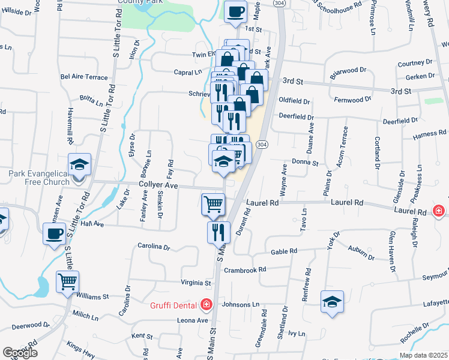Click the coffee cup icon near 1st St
[235, 11]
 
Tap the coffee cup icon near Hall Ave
[54, 233]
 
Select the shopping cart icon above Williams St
[67, 280]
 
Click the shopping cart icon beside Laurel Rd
[213, 204]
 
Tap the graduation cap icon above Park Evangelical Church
[79, 164]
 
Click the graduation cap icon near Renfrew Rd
[332, 302]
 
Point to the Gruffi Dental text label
[174, 305]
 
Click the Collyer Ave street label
[158, 186]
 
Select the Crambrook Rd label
[245, 271]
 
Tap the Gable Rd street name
[285, 252]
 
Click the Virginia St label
[196, 283]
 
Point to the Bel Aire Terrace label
[84, 77]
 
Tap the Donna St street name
[305, 163]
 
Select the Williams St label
[92, 296]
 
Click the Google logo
[20, 353]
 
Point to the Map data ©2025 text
[423, 355]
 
